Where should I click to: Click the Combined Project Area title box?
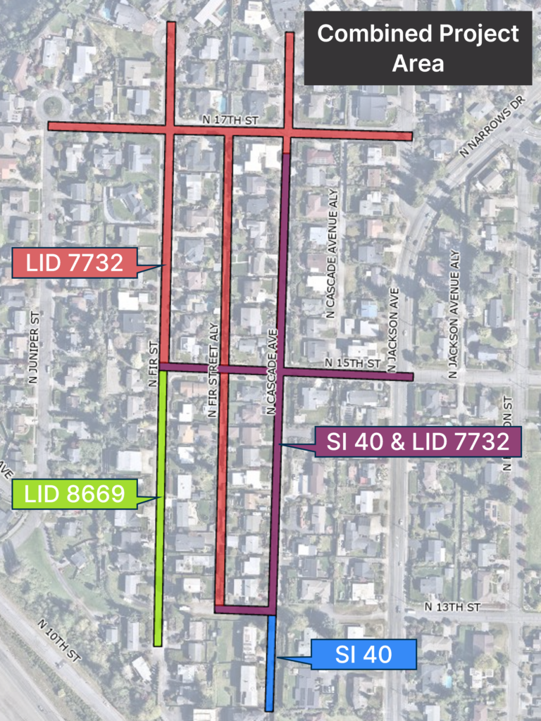pyautogui.click(x=418, y=48)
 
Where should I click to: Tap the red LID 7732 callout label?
pyautogui.click(x=75, y=263)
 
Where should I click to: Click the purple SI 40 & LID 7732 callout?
pyautogui.click(x=417, y=441)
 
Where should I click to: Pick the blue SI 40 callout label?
pyautogui.click(x=364, y=655)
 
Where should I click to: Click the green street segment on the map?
pyautogui.click(x=160, y=507)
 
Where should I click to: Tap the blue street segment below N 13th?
pyautogui.click(x=269, y=662)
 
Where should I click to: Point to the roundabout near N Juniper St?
pyautogui.click(x=53, y=107)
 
